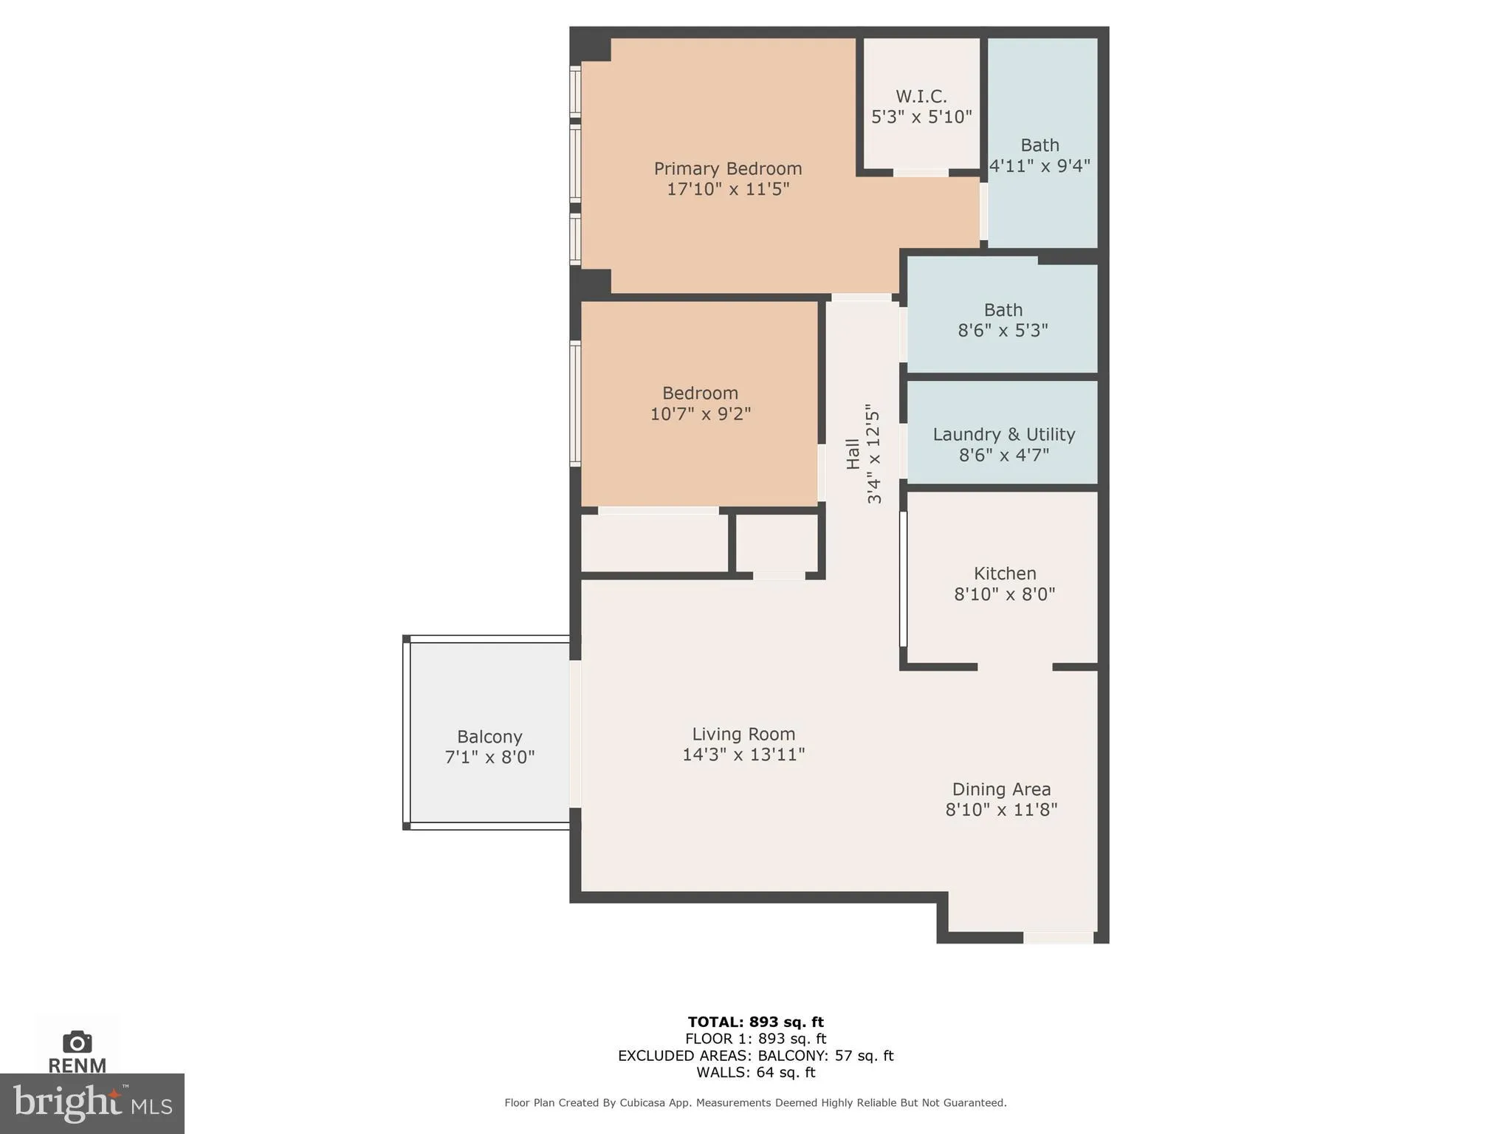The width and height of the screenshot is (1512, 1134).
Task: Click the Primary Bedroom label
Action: tap(727, 169)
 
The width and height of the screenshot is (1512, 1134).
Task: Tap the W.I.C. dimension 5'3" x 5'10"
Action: tap(921, 117)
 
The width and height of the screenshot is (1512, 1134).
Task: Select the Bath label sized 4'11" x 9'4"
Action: tap(1039, 145)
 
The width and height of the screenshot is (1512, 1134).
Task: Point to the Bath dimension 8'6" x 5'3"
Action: tap(1003, 331)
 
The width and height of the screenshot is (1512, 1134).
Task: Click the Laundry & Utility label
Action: tap(1003, 435)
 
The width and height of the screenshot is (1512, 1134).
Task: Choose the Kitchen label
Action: tap(1004, 574)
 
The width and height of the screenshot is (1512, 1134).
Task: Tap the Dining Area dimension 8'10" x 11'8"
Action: tap(1001, 810)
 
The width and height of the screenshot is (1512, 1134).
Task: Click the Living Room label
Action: tap(743, 735)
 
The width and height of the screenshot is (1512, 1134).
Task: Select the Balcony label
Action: tap(489, 737)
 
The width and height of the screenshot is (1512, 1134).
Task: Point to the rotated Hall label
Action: tap(853, 453)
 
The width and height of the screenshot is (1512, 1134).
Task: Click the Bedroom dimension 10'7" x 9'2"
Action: tap(700, 414)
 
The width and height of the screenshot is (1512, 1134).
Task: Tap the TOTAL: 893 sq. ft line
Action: tap(755, 1022)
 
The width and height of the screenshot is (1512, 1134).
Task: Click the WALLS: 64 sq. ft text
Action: tap(755, 1073)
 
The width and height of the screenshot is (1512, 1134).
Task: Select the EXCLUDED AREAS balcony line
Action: tap(755, 1056)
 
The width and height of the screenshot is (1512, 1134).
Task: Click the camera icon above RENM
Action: tap(77, 1042)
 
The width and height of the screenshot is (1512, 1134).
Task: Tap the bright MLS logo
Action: tap(92, 1103)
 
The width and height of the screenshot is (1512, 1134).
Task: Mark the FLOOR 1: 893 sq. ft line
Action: tap(755, 1039)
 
